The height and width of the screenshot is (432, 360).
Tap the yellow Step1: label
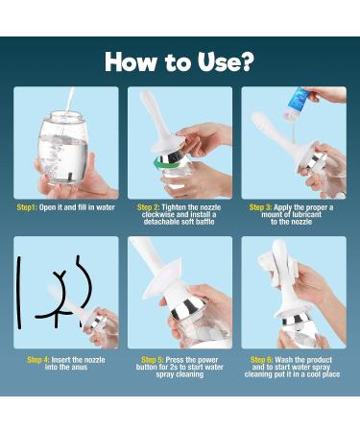(27, 207)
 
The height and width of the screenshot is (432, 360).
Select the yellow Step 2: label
(149, 207)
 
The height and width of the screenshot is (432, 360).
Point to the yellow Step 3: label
(260, 207)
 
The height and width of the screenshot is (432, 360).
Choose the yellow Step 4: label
(38, 360)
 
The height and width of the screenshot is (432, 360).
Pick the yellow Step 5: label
(153, 360)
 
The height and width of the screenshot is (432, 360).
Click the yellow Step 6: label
(261, 360)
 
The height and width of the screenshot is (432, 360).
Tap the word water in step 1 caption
(106, 207)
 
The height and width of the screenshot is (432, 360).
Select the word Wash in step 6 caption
(283, 360)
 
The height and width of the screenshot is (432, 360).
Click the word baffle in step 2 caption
(204, 222)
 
